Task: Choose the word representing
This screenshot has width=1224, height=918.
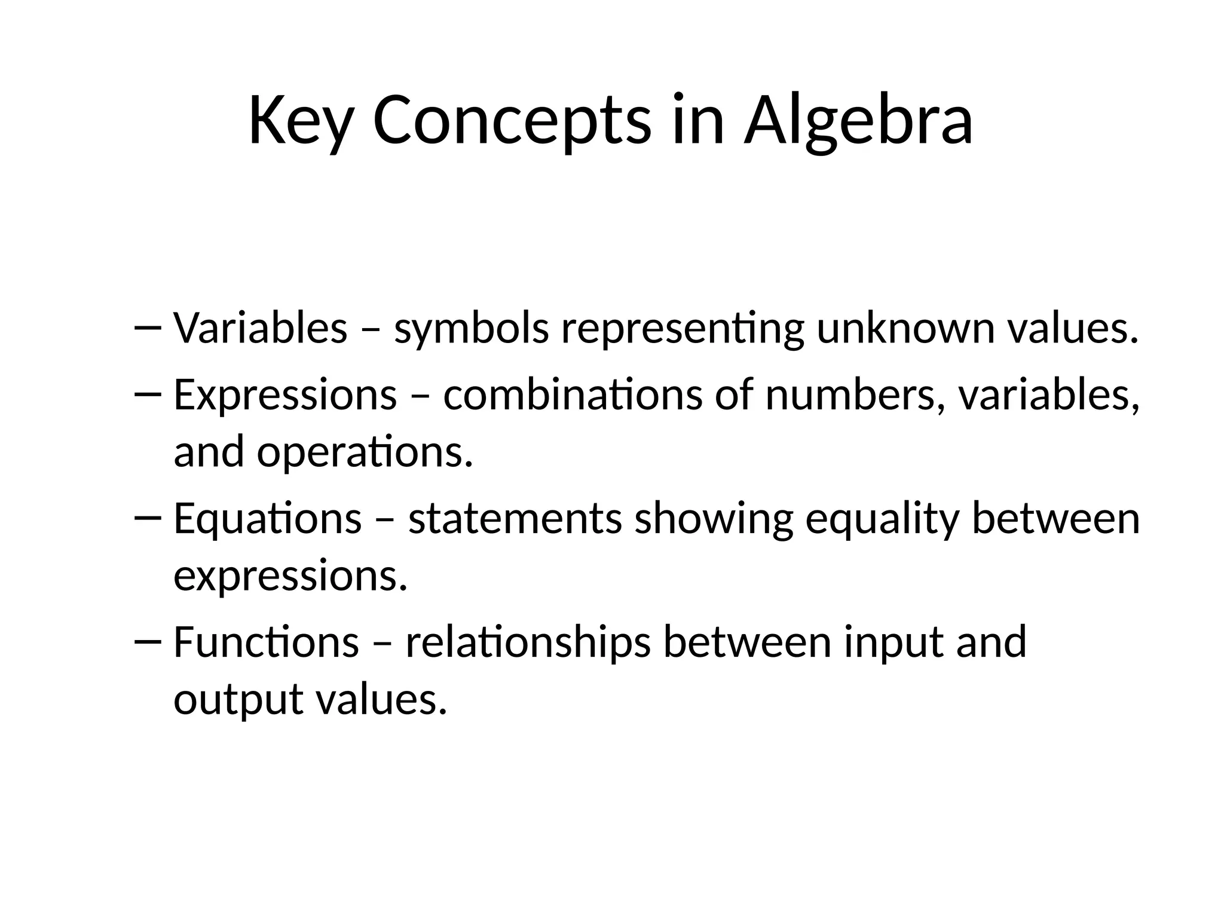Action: click(x=683, y=329)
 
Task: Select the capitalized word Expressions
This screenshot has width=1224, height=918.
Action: click(x=285, y=396)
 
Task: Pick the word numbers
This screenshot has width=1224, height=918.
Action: click(x=850, y=396)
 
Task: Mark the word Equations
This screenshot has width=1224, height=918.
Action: click(x=268, y=519)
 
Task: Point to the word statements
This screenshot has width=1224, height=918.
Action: click(x=515, y=519)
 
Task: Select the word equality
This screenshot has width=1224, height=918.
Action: click(x=882, y=519)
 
